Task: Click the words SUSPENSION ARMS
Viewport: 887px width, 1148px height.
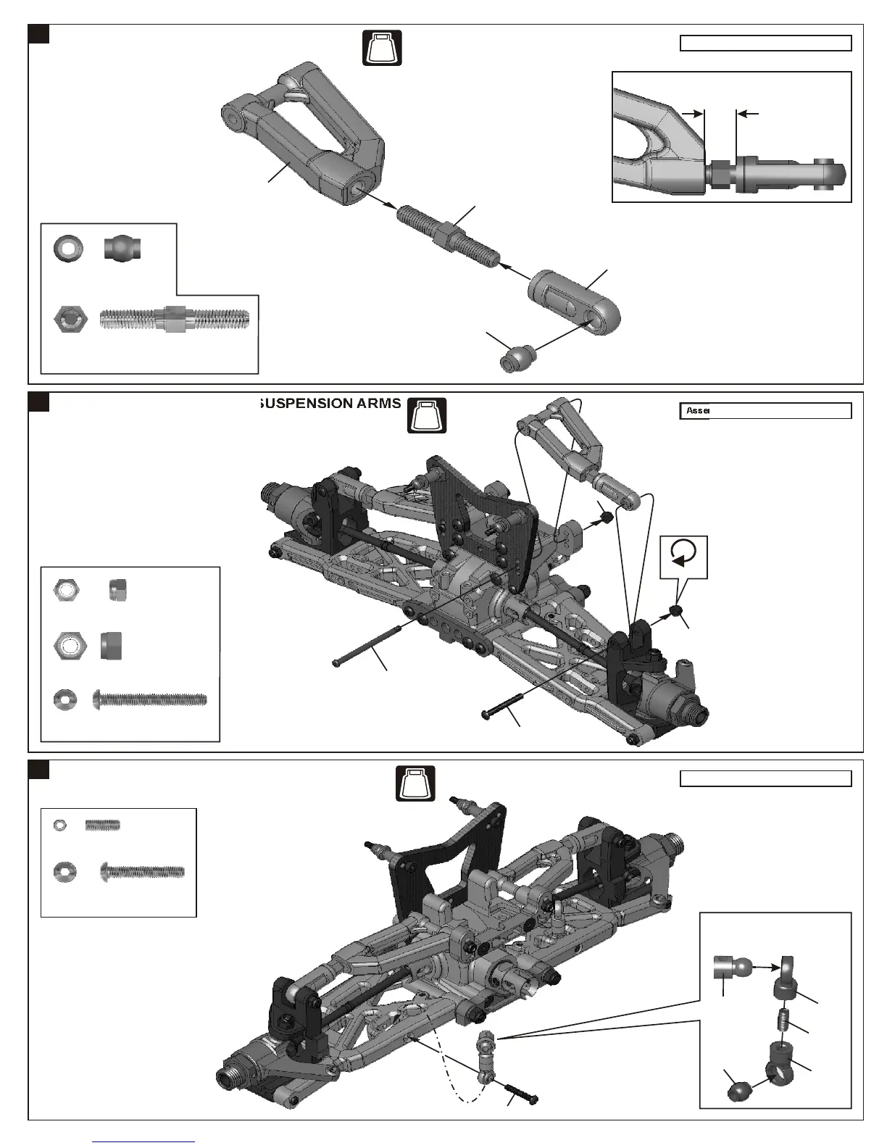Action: pos(330,404)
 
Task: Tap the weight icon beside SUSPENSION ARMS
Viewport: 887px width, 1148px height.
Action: pos(427,415)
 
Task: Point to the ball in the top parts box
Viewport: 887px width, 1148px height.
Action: pos(122,249)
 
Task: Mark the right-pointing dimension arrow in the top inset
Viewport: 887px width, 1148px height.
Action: pos(694,114)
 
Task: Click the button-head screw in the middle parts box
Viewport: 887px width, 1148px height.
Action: pos(151,700)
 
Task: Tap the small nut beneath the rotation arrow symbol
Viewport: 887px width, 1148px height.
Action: pos(676,612)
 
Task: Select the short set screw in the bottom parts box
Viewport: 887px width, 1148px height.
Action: pos(102,825)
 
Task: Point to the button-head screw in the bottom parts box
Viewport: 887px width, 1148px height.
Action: pos(142,870)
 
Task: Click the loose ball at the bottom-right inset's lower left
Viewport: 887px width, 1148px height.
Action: pos(738,1090)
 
